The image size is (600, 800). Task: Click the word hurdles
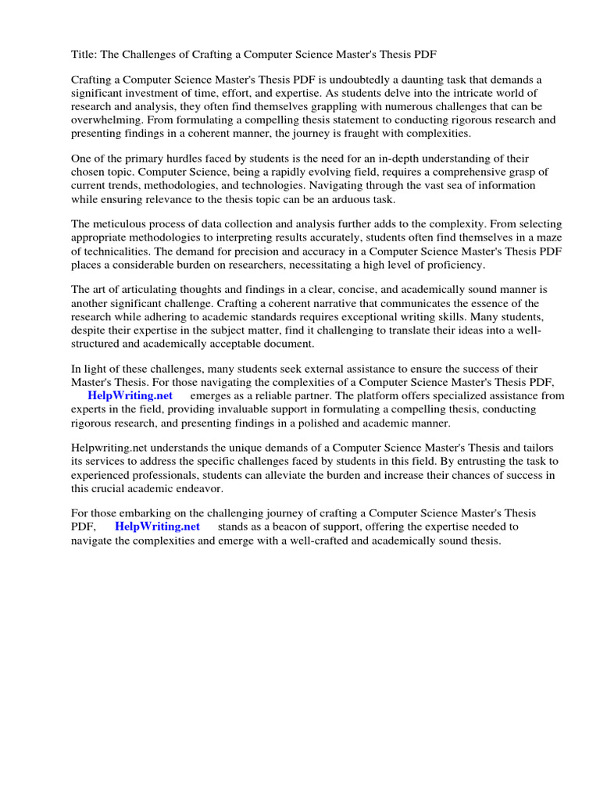(183, 159)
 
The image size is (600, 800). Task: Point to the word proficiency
(448, 264)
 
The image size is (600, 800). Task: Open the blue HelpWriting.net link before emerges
(130, 396)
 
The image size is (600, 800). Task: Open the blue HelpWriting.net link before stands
(157, 527)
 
